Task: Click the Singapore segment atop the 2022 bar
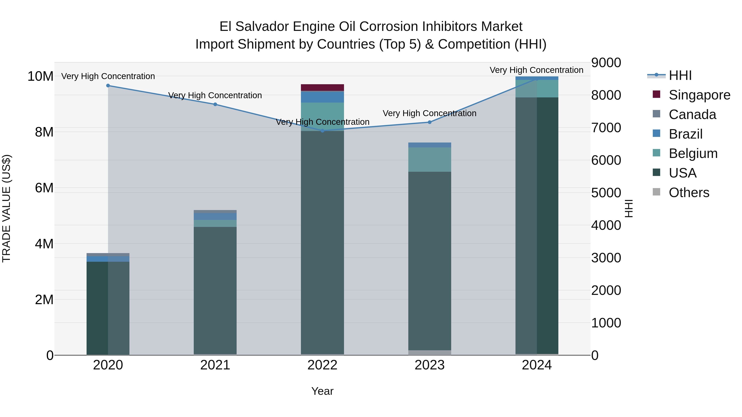(322, 88)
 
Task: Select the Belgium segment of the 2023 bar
(430, 160)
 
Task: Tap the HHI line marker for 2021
(215, 104)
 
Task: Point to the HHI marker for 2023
(430, 122)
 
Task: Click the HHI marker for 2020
(108, 85)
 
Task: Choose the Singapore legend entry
(699, 95)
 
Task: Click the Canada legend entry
(692, 114)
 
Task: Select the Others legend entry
(688, 193)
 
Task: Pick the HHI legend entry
(680, 75)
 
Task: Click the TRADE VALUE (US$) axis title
(6, 208)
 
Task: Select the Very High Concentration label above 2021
(215, 95)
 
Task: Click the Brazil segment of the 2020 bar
(108, 259)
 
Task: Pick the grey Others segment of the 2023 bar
(430, 353)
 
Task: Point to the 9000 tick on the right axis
(606, 63)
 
